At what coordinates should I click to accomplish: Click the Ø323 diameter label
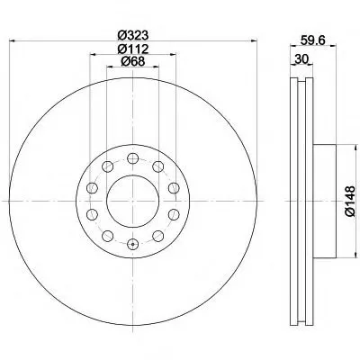click(133, 35)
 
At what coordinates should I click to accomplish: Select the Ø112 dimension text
click(133, 49)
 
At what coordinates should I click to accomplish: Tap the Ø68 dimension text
click(133, 61)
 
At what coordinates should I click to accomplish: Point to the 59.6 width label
click(313, 40)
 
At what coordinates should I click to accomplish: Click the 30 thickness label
click(301, 59)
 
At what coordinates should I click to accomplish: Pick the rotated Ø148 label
click(350, 201)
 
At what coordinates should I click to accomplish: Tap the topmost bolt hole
click(132, 158)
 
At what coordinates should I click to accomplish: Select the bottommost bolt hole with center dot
click(132, 244)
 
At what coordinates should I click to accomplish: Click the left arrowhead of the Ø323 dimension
click(13, 40)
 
